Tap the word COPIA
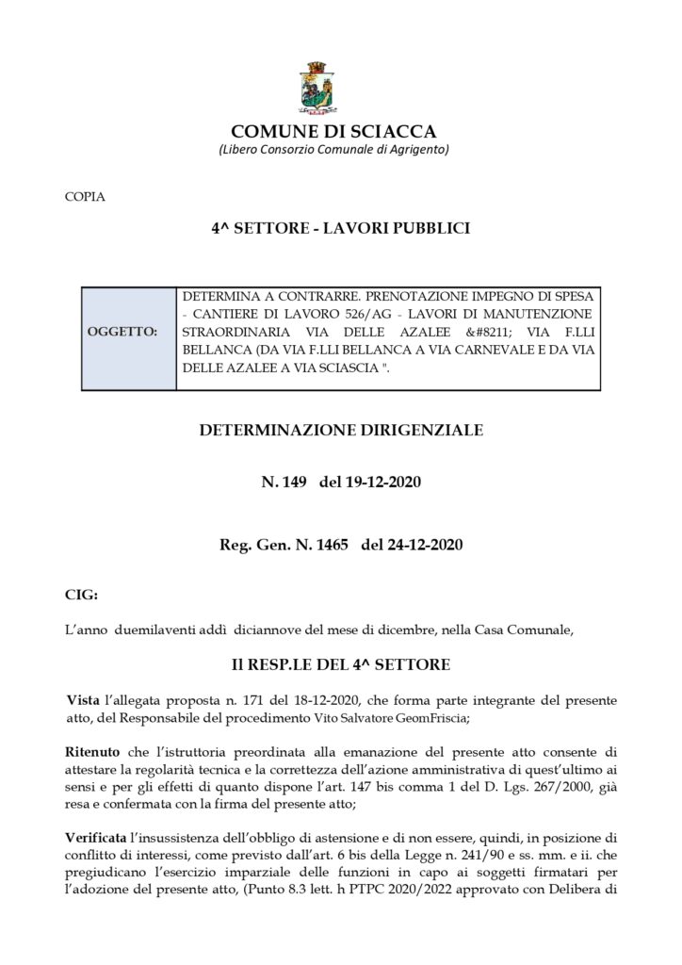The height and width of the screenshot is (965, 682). pos(86,197)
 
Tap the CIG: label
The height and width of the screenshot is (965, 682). pos(80,596)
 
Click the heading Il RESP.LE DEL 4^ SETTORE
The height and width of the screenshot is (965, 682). pos(341,664)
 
